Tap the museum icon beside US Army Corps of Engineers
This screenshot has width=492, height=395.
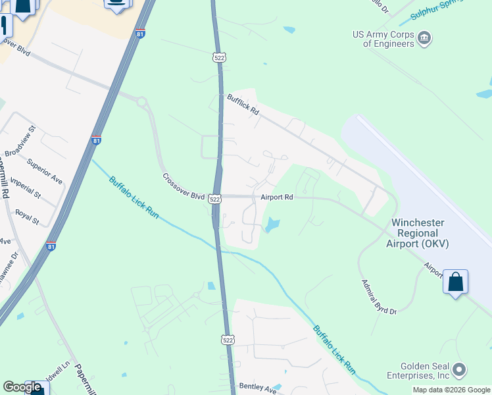tap(424, 38)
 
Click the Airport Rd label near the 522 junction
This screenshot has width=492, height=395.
tap(276, 197)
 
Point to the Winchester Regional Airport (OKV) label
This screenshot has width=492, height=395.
tap(418, 233)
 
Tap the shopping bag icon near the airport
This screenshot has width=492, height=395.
tap(455, 282)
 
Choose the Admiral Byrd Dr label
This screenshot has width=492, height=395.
tap(380, 297)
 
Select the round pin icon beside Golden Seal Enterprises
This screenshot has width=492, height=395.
tap(460, 369)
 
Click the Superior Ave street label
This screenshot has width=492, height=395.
tap(45, 171)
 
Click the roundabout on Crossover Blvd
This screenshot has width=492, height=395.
tap(140, 101)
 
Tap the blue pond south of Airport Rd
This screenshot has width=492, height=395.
tap(271, 226)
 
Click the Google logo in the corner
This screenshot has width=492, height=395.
tap(22, 387)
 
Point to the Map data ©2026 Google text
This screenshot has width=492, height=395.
tap(451, 390)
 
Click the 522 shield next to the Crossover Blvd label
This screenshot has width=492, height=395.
tap(215, 198)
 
